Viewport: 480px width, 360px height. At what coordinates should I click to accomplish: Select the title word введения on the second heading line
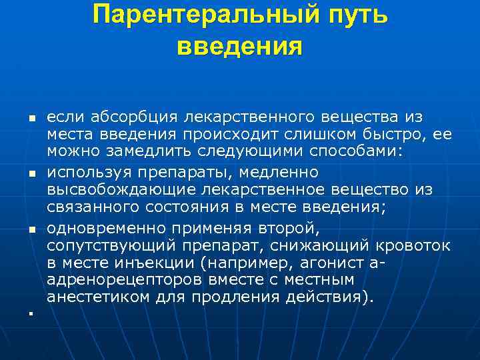pos(240,46)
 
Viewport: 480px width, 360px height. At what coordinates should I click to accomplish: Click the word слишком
pos(343,135)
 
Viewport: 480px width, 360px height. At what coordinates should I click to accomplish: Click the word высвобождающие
pos(119,191)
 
